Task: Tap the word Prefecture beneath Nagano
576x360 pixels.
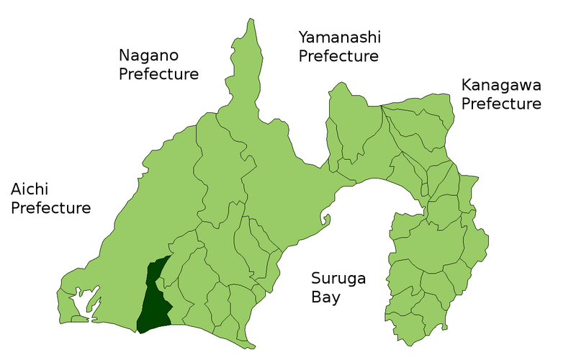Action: [158, 73]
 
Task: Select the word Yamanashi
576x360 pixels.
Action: [339, 37]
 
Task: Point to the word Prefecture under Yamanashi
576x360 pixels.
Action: [338, 55]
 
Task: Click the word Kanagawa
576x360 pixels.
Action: [501, 86]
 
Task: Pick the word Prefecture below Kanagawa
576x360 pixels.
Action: [501, 104]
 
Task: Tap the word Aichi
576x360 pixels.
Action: [30, 190]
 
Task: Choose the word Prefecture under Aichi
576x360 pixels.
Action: [51, 209]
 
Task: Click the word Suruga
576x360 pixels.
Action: [338, 278]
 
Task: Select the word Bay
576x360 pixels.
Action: [325, 297]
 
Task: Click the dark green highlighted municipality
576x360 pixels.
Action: [155, 299]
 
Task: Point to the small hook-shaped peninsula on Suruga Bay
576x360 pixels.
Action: [326, 219]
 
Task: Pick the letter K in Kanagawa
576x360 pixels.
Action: [467, 86]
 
